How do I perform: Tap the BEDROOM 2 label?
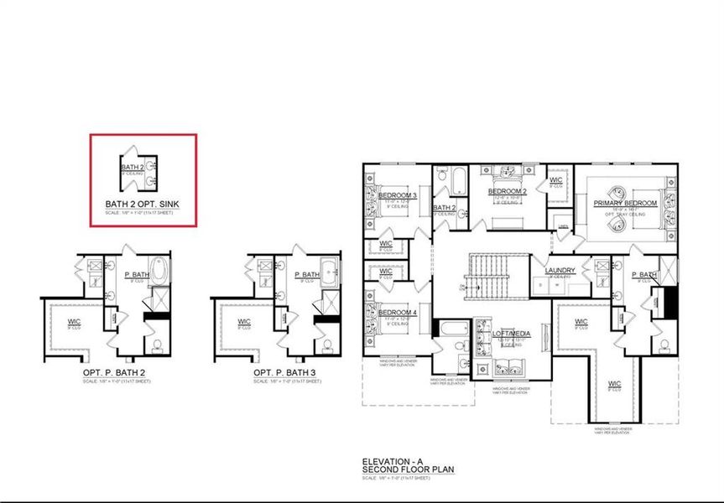pyautogui.click(x=507, y=191)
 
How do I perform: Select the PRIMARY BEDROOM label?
pyautogui.click(x=624, y=204)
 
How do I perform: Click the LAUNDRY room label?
pyautogui.click(x=559, y=270)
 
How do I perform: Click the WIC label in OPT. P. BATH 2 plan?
pyautogui.click(x=74, y=321)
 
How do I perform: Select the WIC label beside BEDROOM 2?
pyautogui.click(x=555, y=179)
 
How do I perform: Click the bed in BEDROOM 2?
pyautogui.click(x=507, y=174)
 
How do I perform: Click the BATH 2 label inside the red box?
pyautogui.click(x=133, y=168)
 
